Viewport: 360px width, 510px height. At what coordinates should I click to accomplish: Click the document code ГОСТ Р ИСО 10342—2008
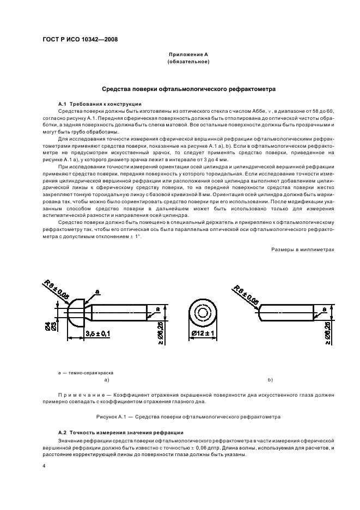(80, 39)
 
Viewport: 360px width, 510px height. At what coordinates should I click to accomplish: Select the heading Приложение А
(184, 55)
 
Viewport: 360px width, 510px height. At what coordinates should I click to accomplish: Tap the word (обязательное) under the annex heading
(184, 62)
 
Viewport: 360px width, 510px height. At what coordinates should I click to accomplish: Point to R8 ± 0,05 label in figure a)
(57, 289)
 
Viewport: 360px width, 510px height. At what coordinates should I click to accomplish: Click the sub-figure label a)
(106, 379)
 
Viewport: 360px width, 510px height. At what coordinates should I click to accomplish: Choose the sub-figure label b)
(270, 379)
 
